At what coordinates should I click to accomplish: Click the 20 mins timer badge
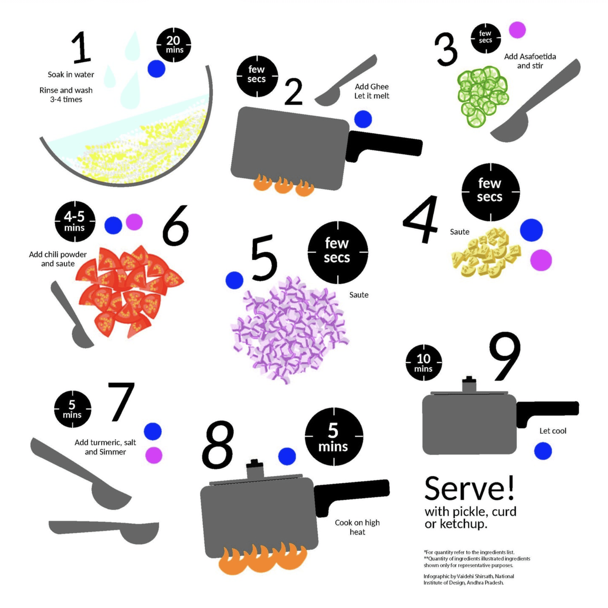174,45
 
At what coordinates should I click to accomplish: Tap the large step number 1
81,47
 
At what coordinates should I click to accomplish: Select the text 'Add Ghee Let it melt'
371,91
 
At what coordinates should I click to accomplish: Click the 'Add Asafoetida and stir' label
530,61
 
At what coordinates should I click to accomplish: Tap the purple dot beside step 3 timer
517,30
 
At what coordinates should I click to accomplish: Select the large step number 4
421,219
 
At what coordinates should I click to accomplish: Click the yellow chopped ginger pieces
486,253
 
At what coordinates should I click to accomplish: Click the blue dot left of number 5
234,280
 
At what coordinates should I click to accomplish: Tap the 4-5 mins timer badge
75,222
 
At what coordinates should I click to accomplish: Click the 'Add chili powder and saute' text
58,259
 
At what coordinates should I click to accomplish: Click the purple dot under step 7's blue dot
154,455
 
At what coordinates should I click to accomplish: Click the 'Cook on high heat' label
357,527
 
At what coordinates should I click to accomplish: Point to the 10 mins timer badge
423,363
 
